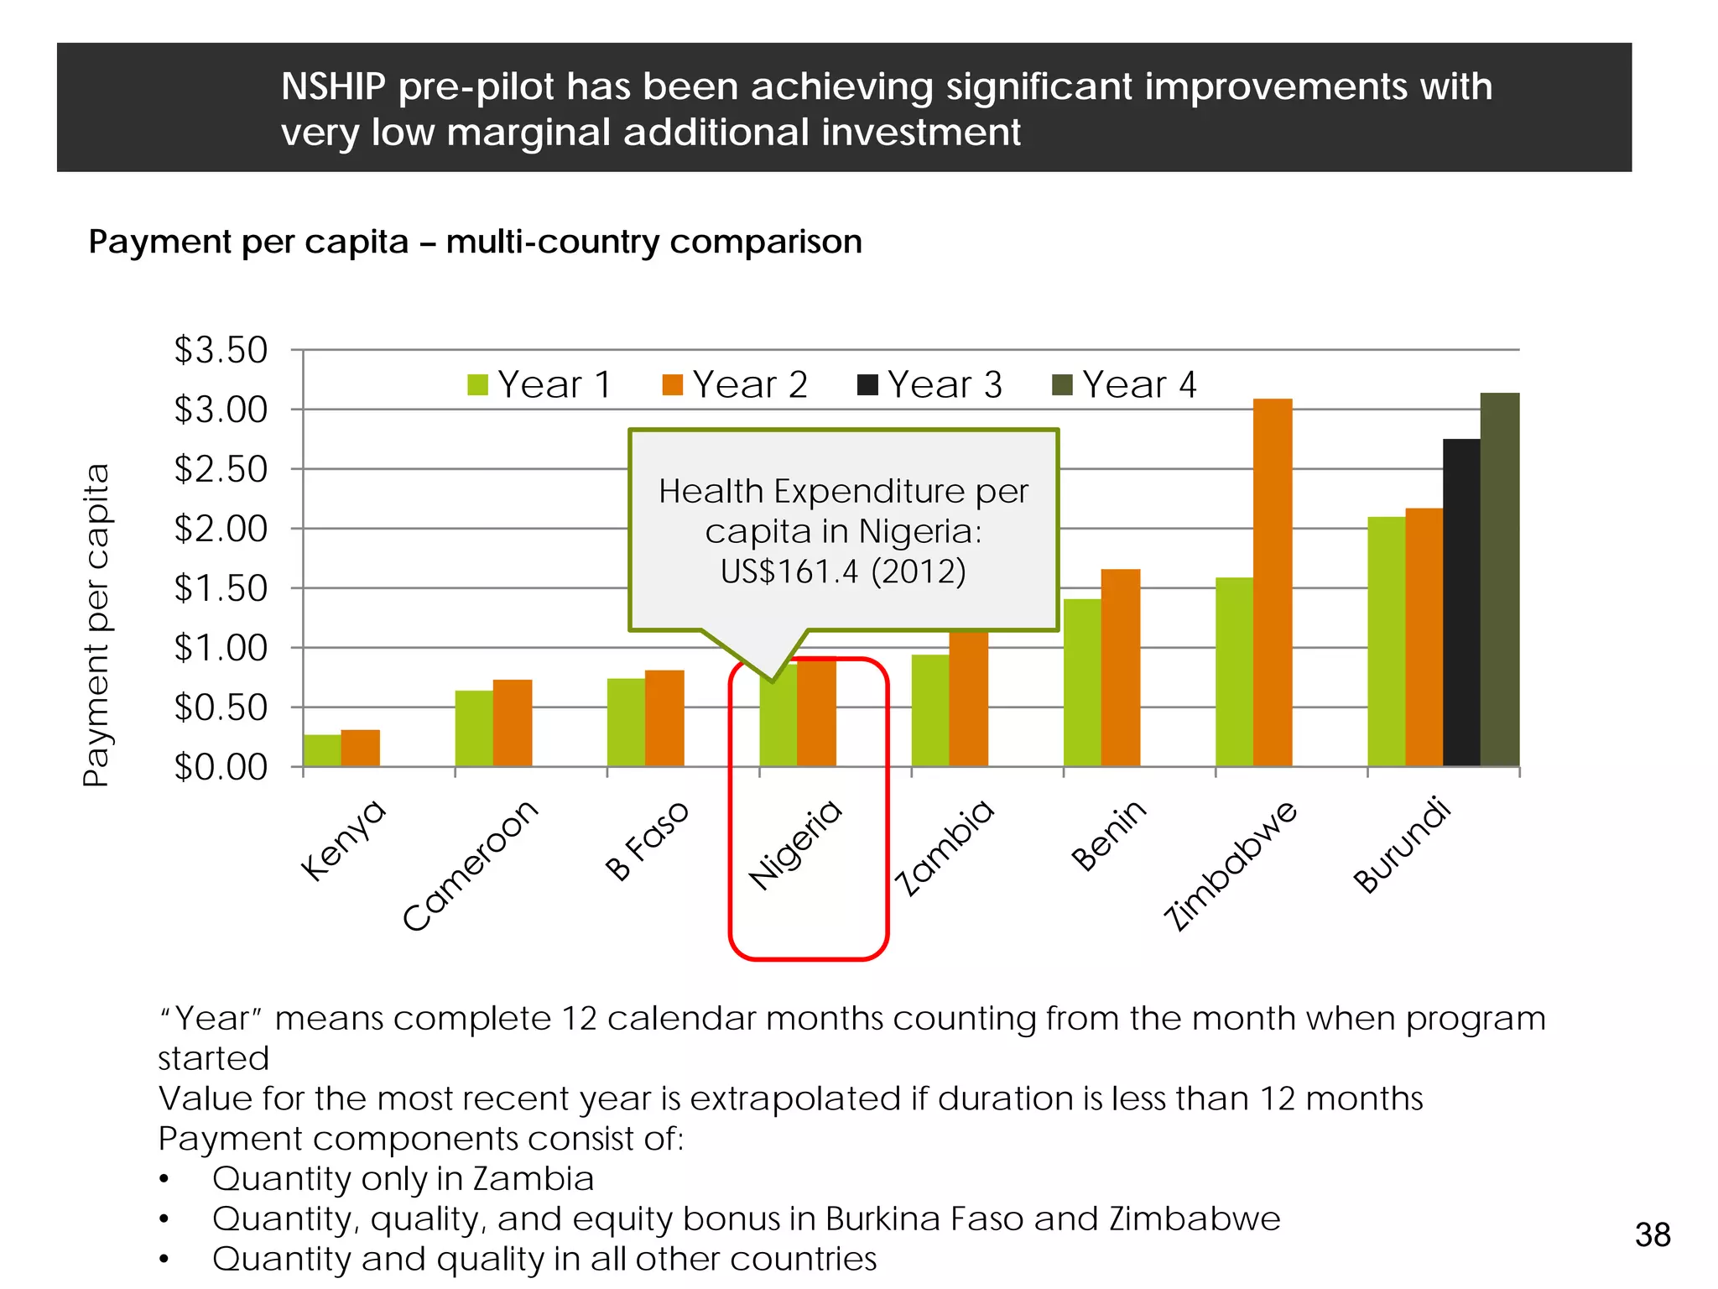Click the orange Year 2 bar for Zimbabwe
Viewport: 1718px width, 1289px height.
click(1272, 583)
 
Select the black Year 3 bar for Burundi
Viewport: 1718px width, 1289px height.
click(1461, 603)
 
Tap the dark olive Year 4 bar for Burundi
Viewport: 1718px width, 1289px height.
click(1499, 579)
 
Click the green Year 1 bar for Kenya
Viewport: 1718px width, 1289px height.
click(322, 751)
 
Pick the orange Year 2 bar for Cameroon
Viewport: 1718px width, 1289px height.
click(513, 723)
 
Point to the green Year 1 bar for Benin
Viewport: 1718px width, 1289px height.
click(1082, 682)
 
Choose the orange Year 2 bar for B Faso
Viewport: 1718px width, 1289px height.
click(664, 718)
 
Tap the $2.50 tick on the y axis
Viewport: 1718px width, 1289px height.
click(221, 469)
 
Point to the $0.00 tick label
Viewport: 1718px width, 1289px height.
click(221, 767)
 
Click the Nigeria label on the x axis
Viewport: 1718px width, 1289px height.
click(795, 844)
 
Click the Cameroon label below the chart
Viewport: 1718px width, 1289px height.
click(471, 865)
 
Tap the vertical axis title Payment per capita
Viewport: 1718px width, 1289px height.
click(97, 624)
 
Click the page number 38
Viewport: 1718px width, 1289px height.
click(1652, 1235)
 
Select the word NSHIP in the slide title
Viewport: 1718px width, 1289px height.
click(333, 86)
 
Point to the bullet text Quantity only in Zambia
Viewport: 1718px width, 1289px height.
click(403, 1178)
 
